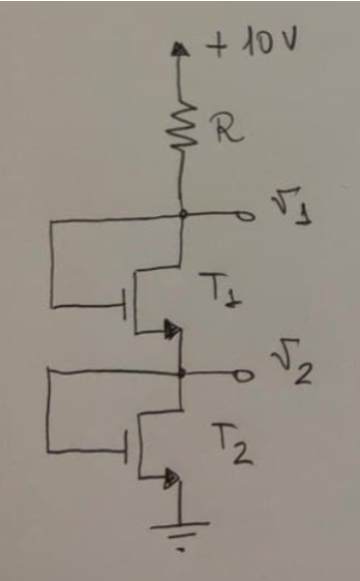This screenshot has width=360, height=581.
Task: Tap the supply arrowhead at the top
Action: (180, 47)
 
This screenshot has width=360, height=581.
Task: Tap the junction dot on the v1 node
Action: (180, 214)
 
